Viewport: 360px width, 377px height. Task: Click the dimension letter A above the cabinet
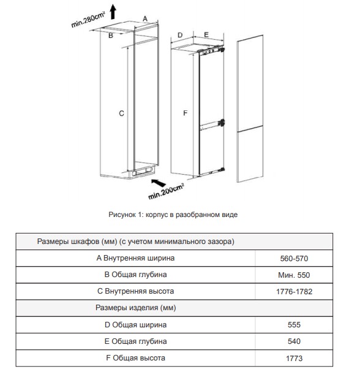pyautogui.click(x=145, y=18)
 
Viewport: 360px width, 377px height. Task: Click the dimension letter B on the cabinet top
pyautogui.click(x=111, y=36)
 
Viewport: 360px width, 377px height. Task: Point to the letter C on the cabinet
pyautogui.click(x=121, y=113)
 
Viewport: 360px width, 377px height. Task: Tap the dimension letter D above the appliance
pyautogui.click(x=180, y=35)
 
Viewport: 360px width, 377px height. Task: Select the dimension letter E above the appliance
pyautogui.click(x=206, y=34)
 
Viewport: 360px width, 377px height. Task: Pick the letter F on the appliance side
pyautogui.click(x=185, y=113)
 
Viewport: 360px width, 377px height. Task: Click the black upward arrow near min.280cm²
pyautogui.click(x=113, y=12)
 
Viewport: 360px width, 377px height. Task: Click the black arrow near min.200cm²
pyautogui.click(x=159, y=183)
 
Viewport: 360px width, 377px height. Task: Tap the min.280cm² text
pyautogui.click(x=88, y=20)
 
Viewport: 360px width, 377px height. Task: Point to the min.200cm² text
pyautogui.click(x=166, y=191)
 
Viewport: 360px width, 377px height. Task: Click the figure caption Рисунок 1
pyautogui.click(x=173, y=215)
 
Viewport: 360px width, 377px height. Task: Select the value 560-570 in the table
pyautogui.click(x=294, y=259)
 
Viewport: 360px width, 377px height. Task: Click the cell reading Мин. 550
pyautogui.click(x=294, y=275)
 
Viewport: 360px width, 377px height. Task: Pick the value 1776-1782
pyautogui.click(x=294, y=291)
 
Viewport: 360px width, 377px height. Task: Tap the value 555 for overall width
pyautogui.click(x=294, y=324)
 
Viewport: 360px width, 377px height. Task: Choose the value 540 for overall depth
pyautogui.click(x=294, y=341)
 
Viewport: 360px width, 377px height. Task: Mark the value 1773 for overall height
pyautogui.click(x=294, y=358)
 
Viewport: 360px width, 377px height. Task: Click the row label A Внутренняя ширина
pyautogui.click(x=135, y=258)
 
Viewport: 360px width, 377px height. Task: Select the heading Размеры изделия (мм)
pyautogui.click(x=136, y=308)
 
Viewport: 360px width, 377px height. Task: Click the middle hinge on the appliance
pyautogui.click(x=222, y=123)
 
